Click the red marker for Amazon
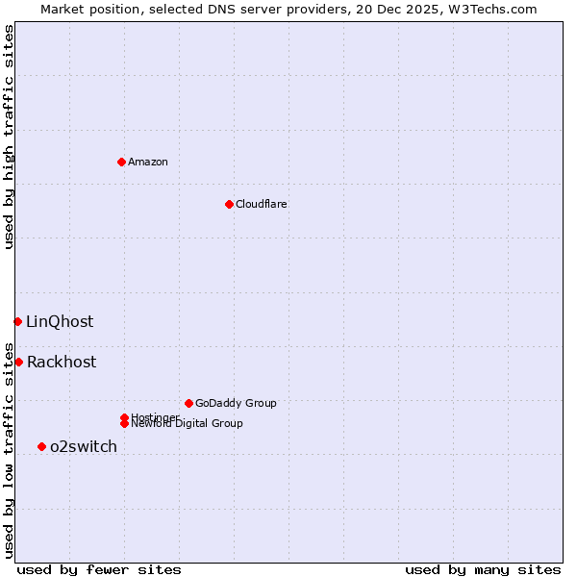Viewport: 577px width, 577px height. click(x=121, y=162)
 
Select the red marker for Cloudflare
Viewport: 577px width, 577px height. click(x=229, y=204)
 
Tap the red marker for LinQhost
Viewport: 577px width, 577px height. click(x=17, y=321)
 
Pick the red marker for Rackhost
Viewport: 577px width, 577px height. click(x=18, y=362)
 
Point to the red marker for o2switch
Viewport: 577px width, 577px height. click(x=41, y=446)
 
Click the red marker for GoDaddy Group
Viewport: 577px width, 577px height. click(x=188, y=403)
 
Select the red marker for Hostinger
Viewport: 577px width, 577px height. click(x=124, y=417)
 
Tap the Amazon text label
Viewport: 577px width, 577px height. click(x=148, y=162)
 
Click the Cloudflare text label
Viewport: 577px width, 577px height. click(x=262, y=204)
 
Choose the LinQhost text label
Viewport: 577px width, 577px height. click(x=60, y=321)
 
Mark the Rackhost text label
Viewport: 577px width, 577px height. click(x=62, y=362)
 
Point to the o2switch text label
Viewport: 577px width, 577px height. click(x=84, y=446)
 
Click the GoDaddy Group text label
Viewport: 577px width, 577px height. click(x=236, y=403)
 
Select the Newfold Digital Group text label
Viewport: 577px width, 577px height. click(x=187, y=424)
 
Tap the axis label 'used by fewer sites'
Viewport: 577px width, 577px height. click(x=99, y=569)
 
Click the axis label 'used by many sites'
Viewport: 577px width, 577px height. click(x=483, y=569)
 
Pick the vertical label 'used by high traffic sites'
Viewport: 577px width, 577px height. click(x=9, y=137)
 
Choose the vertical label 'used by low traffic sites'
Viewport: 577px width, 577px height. click(x=9, y=450)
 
